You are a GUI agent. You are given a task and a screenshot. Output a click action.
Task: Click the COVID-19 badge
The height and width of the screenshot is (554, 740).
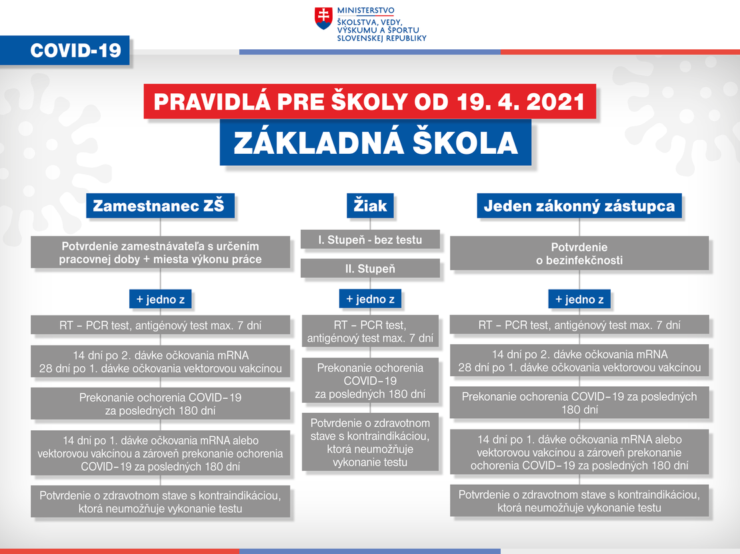point(65,50)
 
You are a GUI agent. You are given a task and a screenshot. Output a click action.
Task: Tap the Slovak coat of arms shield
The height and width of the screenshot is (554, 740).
point(323,19)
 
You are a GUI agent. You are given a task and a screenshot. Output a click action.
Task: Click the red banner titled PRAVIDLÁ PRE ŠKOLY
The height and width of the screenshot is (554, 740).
point(369,101)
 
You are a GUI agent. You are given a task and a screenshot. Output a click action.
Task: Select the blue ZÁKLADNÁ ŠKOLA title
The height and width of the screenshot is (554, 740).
point(375,142)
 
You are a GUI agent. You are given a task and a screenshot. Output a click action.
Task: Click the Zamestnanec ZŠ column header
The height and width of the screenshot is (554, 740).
point(160,206)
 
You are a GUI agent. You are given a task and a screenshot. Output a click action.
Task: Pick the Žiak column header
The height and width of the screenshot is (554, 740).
point(370,206)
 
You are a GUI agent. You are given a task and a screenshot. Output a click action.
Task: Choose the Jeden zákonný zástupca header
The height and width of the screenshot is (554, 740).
point(579,206)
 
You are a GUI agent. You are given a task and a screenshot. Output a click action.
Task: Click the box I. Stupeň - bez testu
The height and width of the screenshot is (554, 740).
point(370,240)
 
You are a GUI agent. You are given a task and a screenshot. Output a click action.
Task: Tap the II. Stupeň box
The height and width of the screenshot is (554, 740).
point(370,268)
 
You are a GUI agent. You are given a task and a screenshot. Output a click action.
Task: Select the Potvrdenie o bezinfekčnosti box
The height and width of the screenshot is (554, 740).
point(579,253)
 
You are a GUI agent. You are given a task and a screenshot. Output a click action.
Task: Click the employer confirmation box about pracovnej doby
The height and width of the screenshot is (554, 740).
point(160,252)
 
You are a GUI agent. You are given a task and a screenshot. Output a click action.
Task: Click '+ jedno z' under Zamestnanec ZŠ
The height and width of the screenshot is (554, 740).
point(161,299)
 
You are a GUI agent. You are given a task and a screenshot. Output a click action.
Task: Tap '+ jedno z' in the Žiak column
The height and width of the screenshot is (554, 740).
point(370,299)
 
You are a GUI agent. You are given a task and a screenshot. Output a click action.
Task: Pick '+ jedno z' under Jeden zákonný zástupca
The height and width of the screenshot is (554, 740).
point(579,299)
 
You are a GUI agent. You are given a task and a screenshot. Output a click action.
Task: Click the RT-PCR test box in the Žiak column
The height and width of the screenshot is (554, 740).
point(370,331)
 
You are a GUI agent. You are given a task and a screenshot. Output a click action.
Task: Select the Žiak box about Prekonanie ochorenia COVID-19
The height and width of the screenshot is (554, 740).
point(370,380)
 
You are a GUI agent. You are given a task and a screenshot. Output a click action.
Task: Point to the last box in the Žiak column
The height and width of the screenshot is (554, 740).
point(370,442)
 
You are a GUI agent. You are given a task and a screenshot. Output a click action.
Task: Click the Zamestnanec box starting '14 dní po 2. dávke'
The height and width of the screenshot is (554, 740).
point(160,362)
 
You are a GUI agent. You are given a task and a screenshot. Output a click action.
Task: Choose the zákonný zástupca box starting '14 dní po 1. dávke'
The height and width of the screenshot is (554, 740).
point(579,451)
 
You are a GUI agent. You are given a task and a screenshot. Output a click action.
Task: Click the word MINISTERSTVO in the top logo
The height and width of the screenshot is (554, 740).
point(366,11)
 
